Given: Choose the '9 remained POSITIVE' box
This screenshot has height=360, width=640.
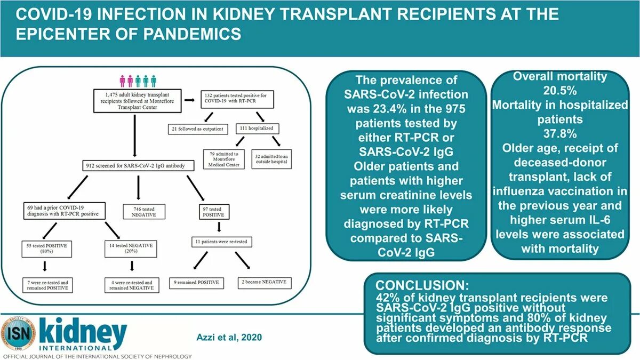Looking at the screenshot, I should (196, 282).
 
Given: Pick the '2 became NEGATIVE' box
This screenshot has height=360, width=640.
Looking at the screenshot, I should (263, 282).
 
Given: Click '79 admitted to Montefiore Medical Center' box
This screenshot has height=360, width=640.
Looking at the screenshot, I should (224, 159).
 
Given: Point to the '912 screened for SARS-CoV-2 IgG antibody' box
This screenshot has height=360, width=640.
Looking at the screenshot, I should (136, 166).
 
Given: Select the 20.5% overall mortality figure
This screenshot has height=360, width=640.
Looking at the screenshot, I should (560, 91).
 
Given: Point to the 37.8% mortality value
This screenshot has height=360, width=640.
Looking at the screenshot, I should (559, 133).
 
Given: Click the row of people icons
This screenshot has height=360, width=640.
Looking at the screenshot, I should (138, 81).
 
